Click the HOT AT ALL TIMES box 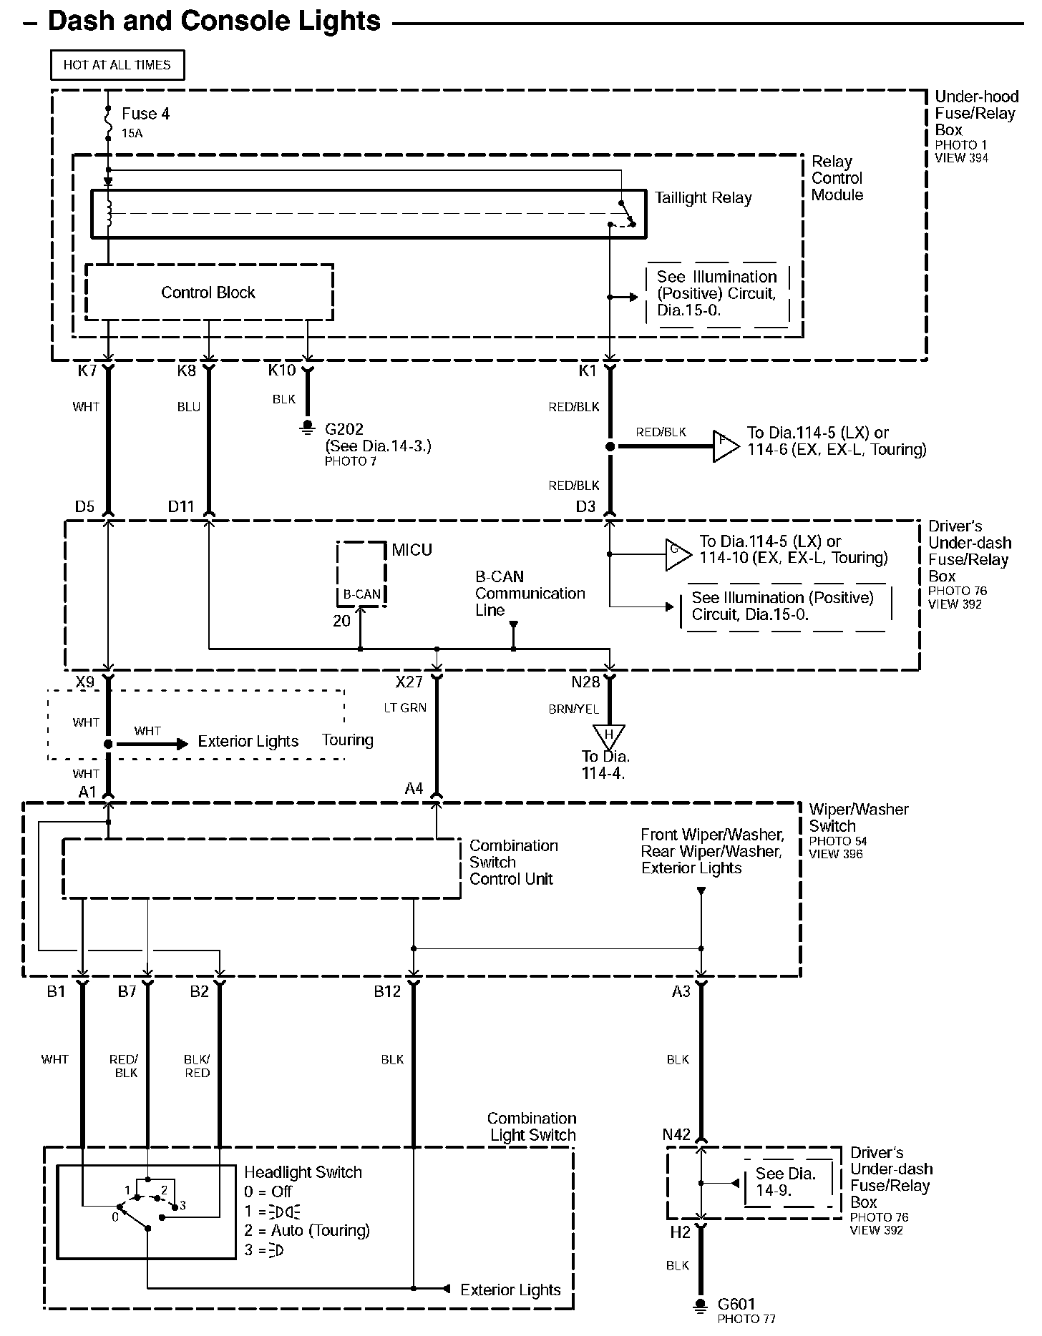[x=117, y=65]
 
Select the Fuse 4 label [x=145, y=114]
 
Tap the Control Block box [x=208, y=293]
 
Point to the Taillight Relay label [x=703, y=198]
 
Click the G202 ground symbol [x=308, y=428]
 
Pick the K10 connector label [x=281, y=370]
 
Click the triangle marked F [x=724, y=446]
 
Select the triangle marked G [x=676, y=554]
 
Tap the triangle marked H [x=609, y=736]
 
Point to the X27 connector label [x=409, y=682]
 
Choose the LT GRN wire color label [x=404, y=707]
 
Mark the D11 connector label [x=181, y=507]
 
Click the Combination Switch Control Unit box [x=261, y=868]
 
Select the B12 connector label [x=387, y=992]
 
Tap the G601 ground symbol [x=701, y=1305]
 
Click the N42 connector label [x=676, y=1135]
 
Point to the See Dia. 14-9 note [x=786, y=1182]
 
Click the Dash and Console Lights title [x=214, y=21]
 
